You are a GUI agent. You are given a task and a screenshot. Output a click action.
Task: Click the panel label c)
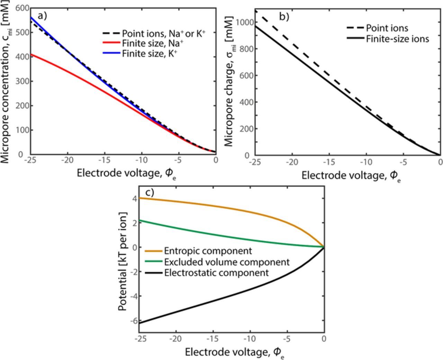[x=149, y=192]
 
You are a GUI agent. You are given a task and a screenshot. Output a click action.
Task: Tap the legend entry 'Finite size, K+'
[x=147, y=54]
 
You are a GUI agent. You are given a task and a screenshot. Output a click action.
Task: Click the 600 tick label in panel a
[x=20, y=8]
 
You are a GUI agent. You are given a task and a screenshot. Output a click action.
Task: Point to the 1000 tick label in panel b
[x=243, y=22]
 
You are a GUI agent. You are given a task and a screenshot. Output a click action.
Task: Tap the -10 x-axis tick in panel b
[x=366, y=162]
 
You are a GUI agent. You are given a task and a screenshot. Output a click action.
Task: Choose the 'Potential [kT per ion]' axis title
[x=123, y=261]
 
